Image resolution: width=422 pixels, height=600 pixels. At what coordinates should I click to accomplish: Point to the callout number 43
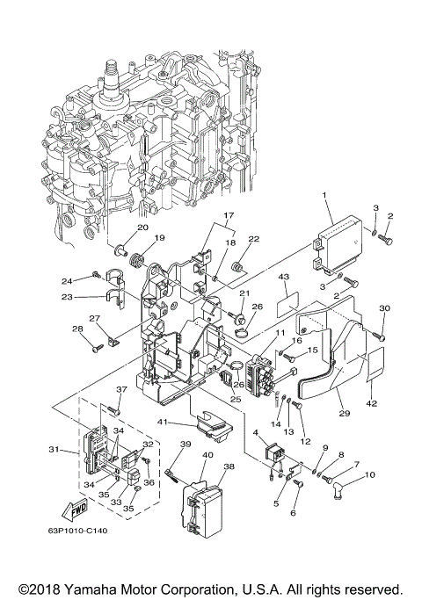(x=284, y=277)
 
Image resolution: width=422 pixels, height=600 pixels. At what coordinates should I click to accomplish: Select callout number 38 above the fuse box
(x=229, y=466)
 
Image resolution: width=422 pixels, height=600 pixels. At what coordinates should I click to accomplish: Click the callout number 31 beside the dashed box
(x=54, y=451)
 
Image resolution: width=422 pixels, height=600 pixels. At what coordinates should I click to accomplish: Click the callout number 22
(x=253, y=239)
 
